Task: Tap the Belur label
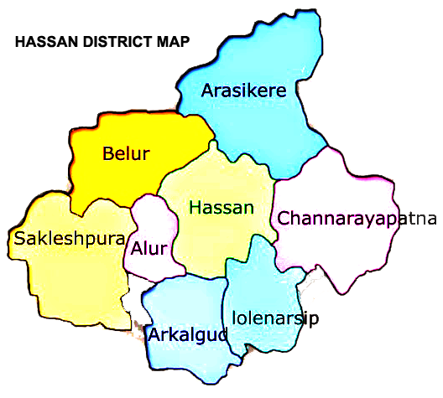pyautogui.click(x=126, y=153)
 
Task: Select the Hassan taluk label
pyautogui.click(x=221, y=207)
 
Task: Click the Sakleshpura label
pyautogui.click(x=70, y=239)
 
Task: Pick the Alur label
pyautogui.click(x=149, y=248)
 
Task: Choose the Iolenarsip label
pyautogui.click(x=274, y=317)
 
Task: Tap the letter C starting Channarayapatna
pyautogui.click(x=284, y=219)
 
